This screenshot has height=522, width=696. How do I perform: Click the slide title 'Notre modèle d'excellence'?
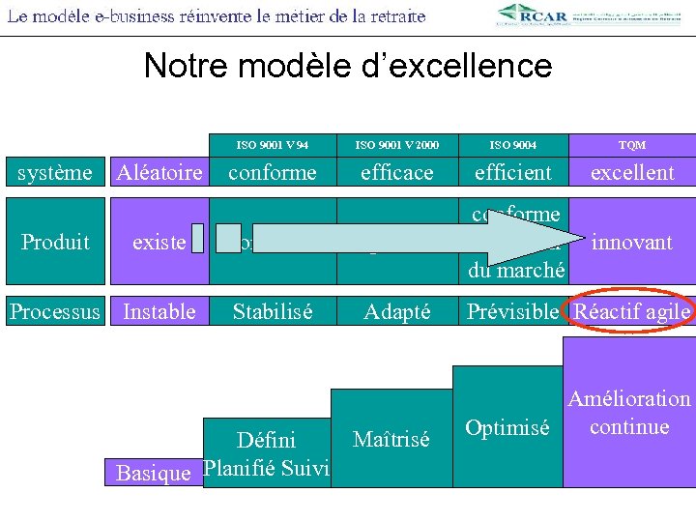(x=347, y=66)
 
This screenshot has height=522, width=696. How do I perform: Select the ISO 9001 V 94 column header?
(x=272, y=145)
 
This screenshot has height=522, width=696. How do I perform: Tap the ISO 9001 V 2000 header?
(x=396, y=145)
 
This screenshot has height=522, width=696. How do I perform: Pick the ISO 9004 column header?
(x=513, y=145)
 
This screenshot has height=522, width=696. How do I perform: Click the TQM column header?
(x=632, y=145)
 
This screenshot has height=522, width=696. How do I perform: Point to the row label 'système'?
(x=56, y=173)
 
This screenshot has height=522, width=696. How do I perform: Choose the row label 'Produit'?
(x=56, y=242)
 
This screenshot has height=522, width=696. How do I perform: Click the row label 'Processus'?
(x=54, y=311)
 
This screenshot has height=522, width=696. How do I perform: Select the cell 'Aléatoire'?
(x=159, y=173)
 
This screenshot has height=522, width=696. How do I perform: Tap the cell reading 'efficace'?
(x=396, y=173)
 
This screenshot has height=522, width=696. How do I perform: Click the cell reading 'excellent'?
(x=632, y=173)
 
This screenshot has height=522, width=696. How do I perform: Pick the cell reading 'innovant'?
(x=632, y=242)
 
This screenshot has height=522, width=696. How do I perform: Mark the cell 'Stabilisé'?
(x=272, y=311)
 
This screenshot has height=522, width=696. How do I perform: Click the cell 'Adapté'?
(x=396, y=311)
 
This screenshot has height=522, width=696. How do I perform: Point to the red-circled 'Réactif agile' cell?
(x=632, y=311)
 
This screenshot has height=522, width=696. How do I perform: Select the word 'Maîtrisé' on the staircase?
(x=391, y=439)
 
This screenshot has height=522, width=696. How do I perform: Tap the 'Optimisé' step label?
(x=507, y=427)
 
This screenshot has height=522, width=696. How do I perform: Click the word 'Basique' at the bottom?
(x=153, y=473)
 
